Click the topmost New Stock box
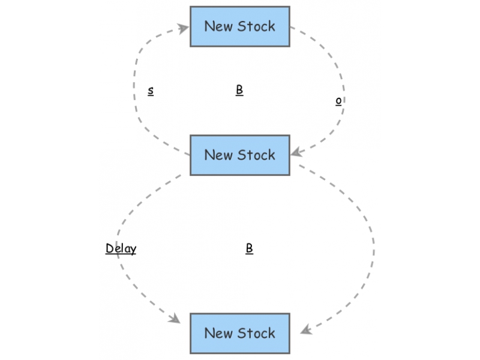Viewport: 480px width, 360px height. click(240, 26)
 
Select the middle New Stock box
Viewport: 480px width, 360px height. click(240, 155)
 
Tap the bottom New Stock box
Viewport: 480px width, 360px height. click(240, 333)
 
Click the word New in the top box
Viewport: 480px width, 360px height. click(218, 26)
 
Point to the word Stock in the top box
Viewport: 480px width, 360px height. click(256, 26)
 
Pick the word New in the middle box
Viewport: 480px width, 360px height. click(218, 155)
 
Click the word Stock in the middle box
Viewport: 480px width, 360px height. click(256, 155)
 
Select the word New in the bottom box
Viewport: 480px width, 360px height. click(218, 333)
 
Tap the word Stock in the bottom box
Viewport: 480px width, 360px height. click(256, 333)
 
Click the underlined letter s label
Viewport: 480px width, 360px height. click(151, 91)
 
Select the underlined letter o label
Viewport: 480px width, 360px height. click(339, 101)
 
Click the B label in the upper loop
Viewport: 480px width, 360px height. click(239, 90)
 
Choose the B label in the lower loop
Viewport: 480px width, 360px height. click(249, 248)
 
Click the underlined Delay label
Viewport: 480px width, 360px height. click(121, 248)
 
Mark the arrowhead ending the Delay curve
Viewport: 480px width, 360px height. click(176, 319)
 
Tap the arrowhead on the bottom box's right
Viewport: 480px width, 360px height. click(305, 329)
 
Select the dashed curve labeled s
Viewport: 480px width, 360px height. click(136, 90)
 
